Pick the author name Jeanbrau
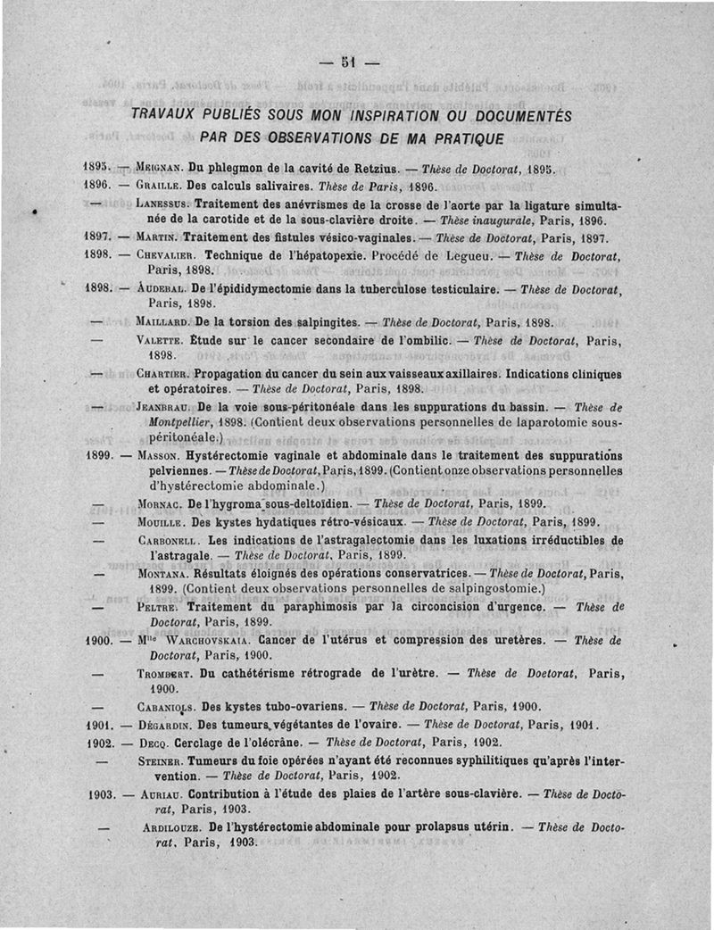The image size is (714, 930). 166,406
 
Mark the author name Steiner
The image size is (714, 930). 162,760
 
